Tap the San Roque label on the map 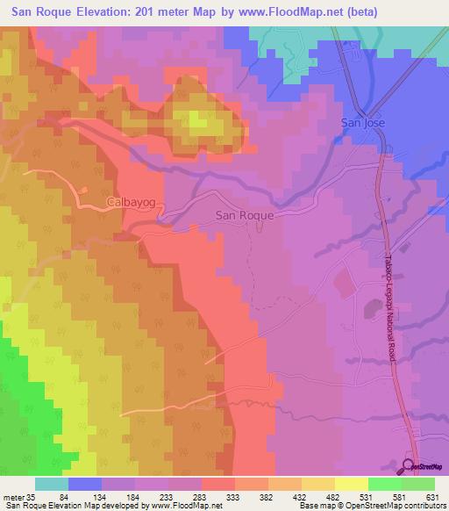pyautogui.click(x=245, y=214)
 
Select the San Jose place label pyautogui.click(x=363, y=123)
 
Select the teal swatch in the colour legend pyautogui.click(x=52, y=484)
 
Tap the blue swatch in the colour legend pyautogui.click(x=85, y=484)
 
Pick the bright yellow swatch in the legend pyautogui.click(x=351, y=484)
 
